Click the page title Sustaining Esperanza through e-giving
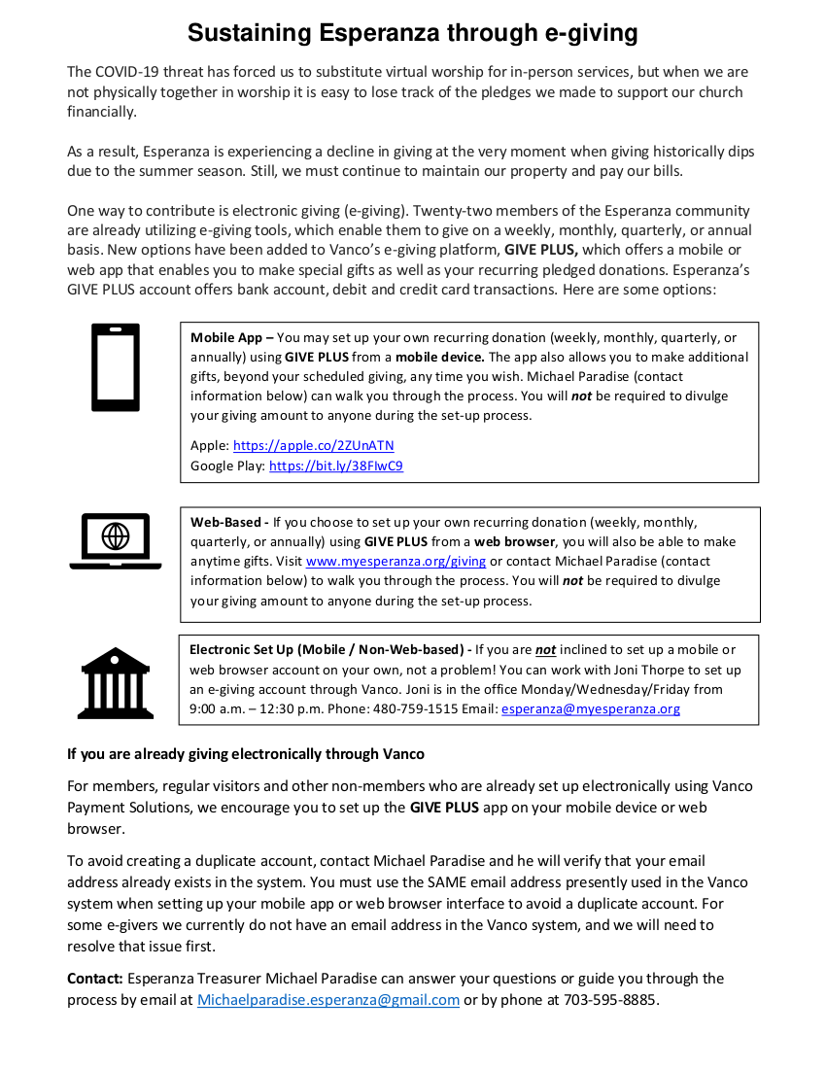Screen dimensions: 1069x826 coord(412,33)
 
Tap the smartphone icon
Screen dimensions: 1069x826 coord(116,367)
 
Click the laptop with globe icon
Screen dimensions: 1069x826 coord(116,540)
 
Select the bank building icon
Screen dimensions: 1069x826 coord(117,682)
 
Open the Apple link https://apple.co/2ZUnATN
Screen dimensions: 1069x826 coord(313,446)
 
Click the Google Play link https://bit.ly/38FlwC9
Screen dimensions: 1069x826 coord(335,466)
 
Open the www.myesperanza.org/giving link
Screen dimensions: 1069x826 coord(396,562)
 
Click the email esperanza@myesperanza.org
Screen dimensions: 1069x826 coord(590,708)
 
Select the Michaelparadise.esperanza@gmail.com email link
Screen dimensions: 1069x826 coord(328,1000)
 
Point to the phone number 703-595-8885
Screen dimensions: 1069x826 coord(611,1000)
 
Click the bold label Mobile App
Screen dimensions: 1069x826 coord(226,338)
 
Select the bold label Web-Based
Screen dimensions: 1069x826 coord(225,522)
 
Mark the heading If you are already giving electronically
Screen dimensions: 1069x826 coord(246,754)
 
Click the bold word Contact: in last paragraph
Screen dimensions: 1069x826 coord(94,979)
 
